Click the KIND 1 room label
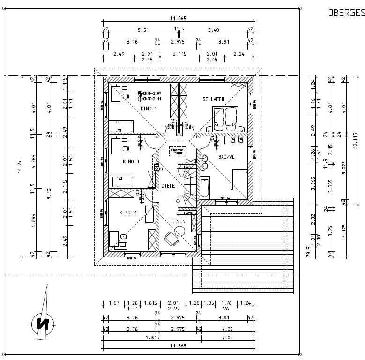tap(149, 109)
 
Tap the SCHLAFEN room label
tap(213, 99)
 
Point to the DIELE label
tap(168, 186)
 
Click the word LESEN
tap(178, 221)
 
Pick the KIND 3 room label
tap(131, 162)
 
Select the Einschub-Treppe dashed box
tap(178, 151)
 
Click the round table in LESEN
tap(180, 230)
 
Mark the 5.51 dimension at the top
tap(143, 30)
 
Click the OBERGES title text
tap(346, 13)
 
